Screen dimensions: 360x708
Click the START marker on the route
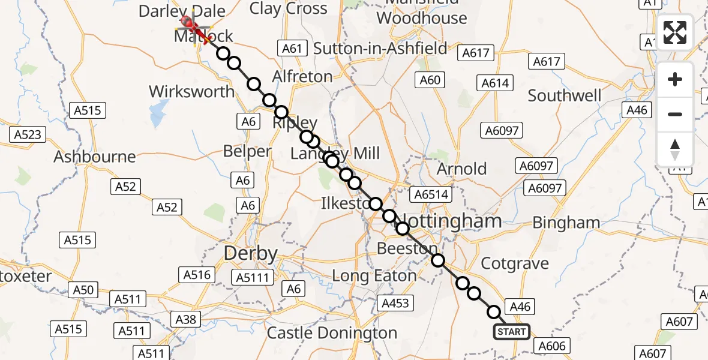(x=511, y=332)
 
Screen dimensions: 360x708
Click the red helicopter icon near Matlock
(x=191, y=26)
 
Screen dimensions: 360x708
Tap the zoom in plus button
(x=675, y=79)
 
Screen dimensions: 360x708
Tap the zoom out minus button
(x=675, y=114)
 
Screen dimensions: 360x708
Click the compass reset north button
(x=675, y=149)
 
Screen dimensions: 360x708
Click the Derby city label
(x=251, y=253)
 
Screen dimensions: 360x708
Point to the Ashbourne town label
(x=95, y=157)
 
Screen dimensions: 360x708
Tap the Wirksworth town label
(x=191, y=92)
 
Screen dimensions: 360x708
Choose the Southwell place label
(x=565, y=95)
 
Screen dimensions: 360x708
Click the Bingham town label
(x=566, y=223)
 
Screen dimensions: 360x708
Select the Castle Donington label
(x=332, y=333)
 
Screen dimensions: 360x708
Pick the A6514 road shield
(x=430, y=194)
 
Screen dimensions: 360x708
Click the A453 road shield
(x=395, y=303)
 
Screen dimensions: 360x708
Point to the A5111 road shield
(x=255, y=277)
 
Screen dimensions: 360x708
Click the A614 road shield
(x=495, y=83)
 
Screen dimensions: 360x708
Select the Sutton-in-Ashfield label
(x=380, y=48)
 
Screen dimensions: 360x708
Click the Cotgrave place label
(x=515, y=263)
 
